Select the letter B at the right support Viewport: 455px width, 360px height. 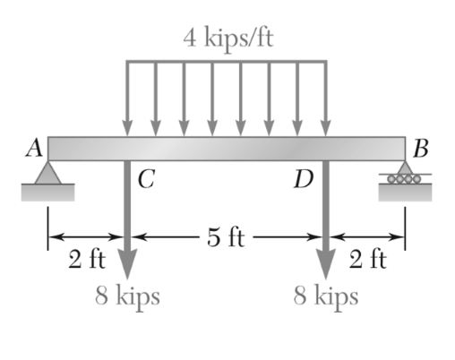(419, 149)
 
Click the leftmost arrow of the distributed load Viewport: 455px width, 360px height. (127, 99)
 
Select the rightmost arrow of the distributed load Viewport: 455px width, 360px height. (325, 99)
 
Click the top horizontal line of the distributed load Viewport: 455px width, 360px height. (226, 62)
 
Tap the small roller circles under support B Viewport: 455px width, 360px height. (405, 179)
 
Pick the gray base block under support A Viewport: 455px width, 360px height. (47, 191)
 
